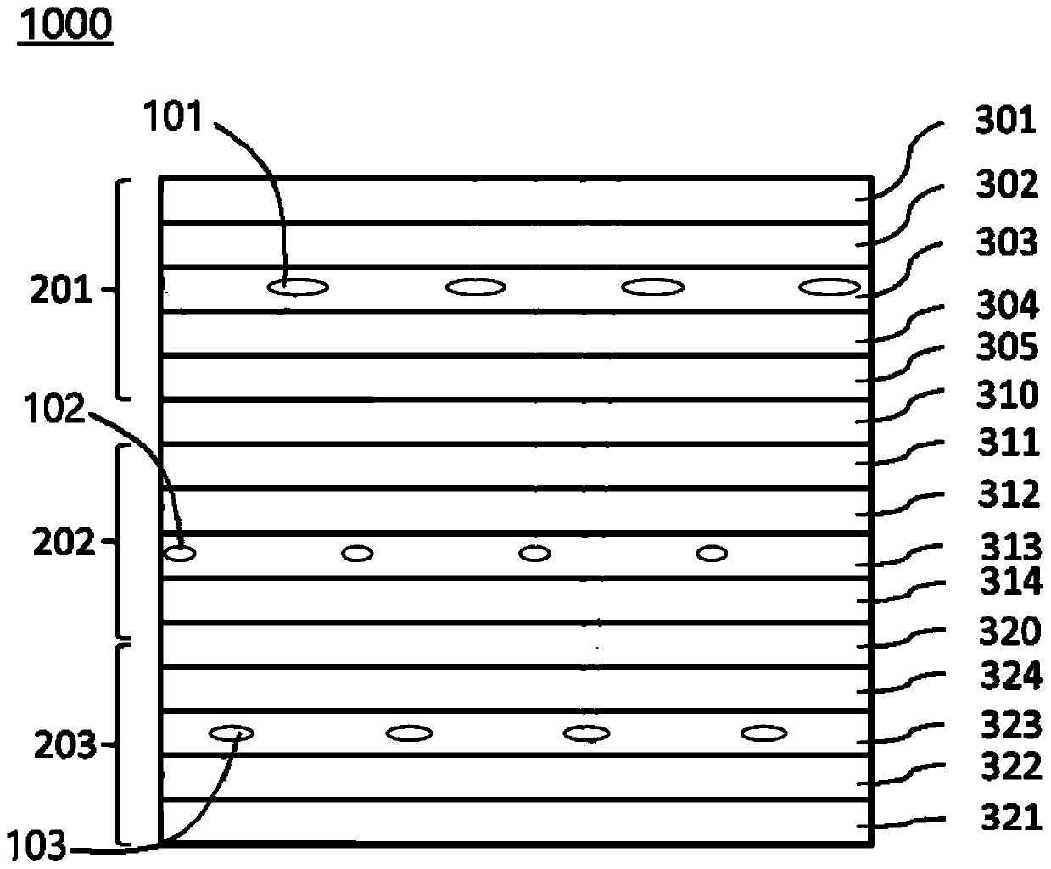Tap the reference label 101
click(x=172, y=116)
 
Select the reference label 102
click(x=55, y=412)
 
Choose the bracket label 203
click(x=64, y=746)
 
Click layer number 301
click(x=1005, y=121)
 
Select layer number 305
click(x=1006, y=348)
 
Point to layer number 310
click(x=1006, y=395)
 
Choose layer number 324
click(x=1009, y=677)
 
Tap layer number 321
click(x=1009, y=818)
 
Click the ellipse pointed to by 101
click(x=298, y=288)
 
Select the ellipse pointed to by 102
click(x=180, y=554)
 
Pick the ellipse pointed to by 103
click(x=232, y=733)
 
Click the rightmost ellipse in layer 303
click(x=830, y=287)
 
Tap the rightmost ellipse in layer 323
click(x=763, y=733)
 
